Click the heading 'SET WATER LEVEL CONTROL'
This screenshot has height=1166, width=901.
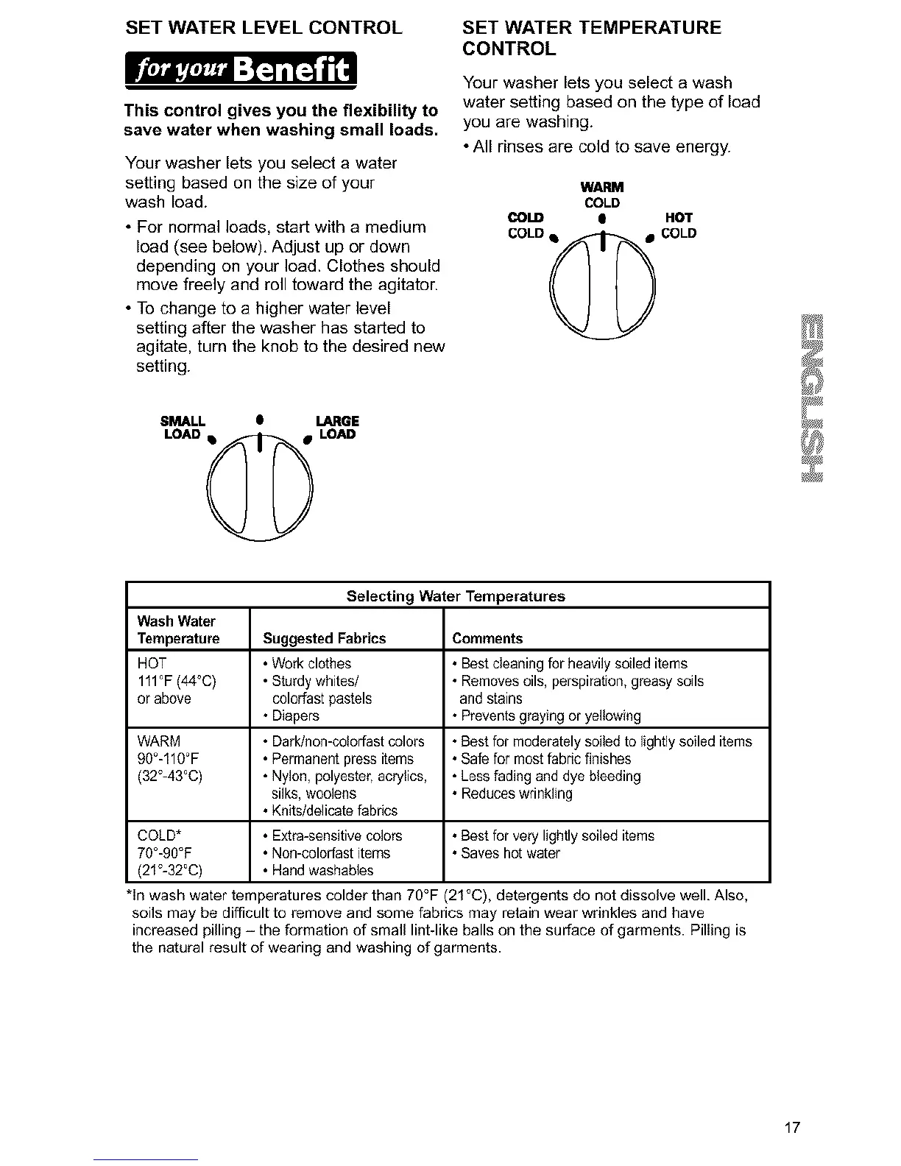pos(264,28)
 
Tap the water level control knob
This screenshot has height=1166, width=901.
pos(260,488)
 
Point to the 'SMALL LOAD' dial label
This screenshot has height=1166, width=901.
pos(183,428)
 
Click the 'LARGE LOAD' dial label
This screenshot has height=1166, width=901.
pos(336,428)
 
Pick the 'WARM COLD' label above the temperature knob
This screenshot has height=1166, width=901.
pos(601,195)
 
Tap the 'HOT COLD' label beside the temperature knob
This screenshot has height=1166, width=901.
pos(678,225)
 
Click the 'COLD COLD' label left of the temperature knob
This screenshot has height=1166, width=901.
pos(526,225)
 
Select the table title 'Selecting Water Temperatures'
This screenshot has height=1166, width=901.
pos(456,596)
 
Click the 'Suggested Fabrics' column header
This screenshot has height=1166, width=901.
pos(324,638)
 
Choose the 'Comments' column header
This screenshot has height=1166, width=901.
pos(487,638)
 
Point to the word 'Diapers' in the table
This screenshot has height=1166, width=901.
pos(296,715)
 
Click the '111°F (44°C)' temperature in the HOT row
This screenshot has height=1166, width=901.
pos(177,681)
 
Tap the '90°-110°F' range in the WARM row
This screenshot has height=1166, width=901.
pos(169,758)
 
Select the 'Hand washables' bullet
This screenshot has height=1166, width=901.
pos(322,870)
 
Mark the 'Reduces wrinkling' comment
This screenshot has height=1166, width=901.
pos(516,794)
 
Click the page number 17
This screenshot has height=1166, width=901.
pos(791,1128)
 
